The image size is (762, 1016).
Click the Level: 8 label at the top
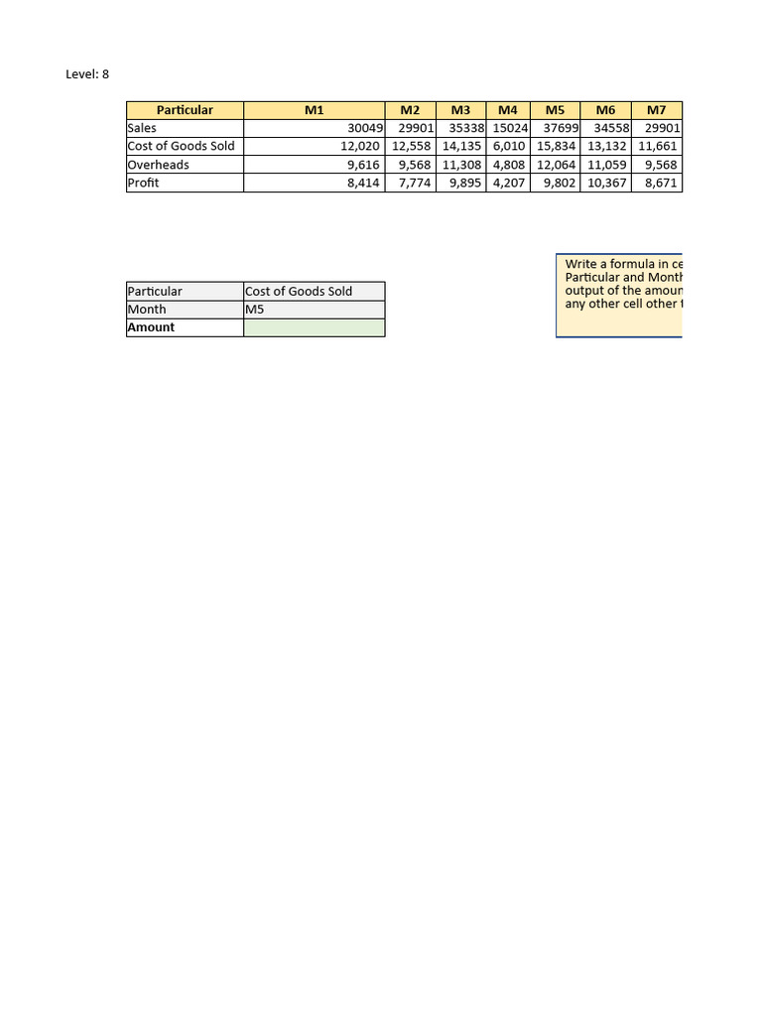pyautogui.click(x=87, y=74)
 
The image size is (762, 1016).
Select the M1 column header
pyautogui.click(x=314, y=110)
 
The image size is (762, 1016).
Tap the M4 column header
pyautogui.click(x=508, y=110)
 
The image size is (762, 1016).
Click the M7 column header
pyautogui.click(x=656, y=110)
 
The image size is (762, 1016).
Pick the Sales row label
pyautogui.click(x=142, y=128)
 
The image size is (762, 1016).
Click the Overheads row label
pyautogui.click(x=158, y=165)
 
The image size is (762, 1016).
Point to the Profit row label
pyautogui.click(x=143, y=183)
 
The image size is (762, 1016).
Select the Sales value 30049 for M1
pyautogui.click(x=362, y=128)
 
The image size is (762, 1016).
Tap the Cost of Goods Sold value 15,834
pyautogui.click(x=556, y=146)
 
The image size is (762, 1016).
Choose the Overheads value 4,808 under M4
pyautogui.click(x=509, y=165)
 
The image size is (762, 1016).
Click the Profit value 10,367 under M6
pyautogui.click(x=606, y=183)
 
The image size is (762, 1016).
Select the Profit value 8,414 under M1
pyautogui.click(x=363, y=183)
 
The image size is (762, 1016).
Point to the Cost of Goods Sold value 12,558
pyautogui.click(x=412, y=146)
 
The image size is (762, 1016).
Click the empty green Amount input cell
pyautogui.click(x=314, y=327)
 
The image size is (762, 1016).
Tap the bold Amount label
pyautogui.click(x=151, y=327)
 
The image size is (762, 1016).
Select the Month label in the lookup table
pyautogui.click(x=147, y=310)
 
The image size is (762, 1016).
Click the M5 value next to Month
pyautogui.click(x=255, y=310)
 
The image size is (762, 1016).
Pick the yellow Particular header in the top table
pyautogui.click(x=185, y=110)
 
